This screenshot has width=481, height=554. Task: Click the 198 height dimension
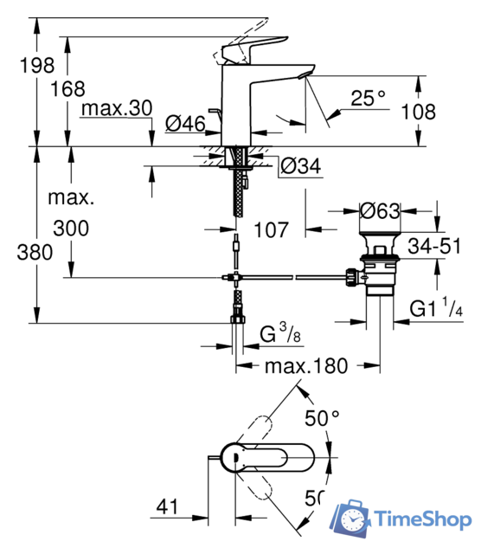pyautogui.click(x=37, y=66)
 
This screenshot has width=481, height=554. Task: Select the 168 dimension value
pyautogui.click(x=67, y=88)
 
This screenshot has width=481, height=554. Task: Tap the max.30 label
pyautogui.click(x=117, y=108)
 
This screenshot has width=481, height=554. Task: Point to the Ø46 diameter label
pyautogui.click(x=185, y=123)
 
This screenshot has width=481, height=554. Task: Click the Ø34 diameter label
pyautogui.click(x=301, y=165)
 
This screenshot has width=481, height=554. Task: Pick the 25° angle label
pyautogui.click(x=369, y=98)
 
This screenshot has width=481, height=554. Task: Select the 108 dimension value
pyautogui.click(x=419, y=112)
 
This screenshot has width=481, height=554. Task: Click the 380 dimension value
pyautogui.click(x=35, y=252)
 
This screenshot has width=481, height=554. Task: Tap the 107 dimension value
pyautogui.click(x=271, y=229)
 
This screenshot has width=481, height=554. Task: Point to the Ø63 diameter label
pyautogui.click(x=380, y=211)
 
